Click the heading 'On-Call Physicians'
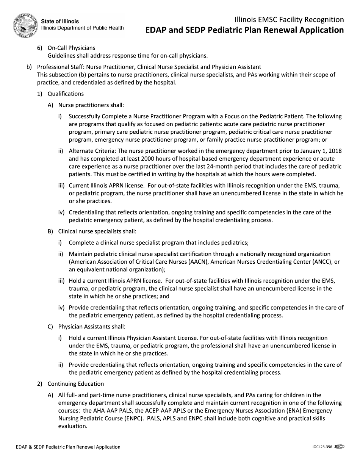(71, 48)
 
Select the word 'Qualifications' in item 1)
(66, 94)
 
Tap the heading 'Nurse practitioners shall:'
(91, 105)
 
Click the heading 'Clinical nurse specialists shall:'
(97, 231)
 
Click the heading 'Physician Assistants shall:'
(92, 327)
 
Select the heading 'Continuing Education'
(76, 384)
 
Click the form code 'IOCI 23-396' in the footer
(320, 447)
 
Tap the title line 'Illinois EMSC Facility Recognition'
(289, 19)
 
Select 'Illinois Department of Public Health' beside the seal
(82, 28)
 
